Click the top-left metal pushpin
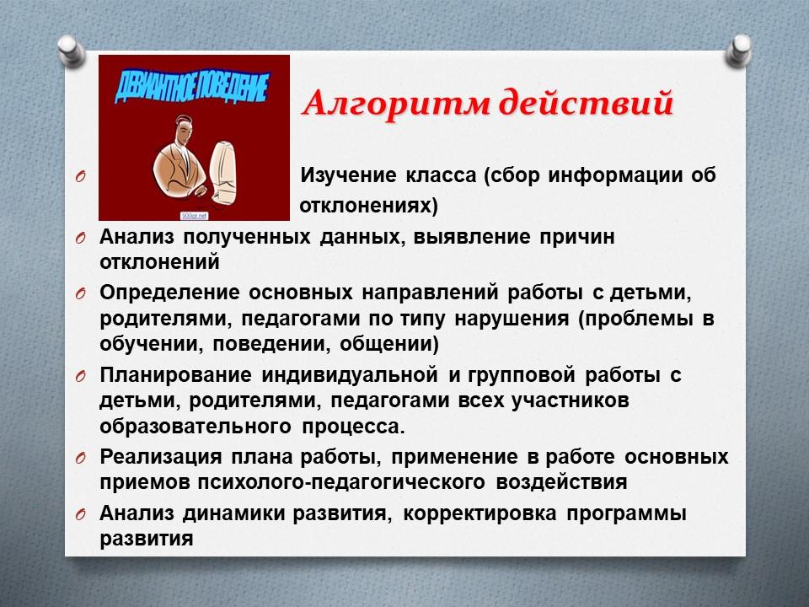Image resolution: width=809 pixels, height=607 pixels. click(71, 51)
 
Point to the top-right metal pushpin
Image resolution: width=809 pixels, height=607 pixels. click(738, 51)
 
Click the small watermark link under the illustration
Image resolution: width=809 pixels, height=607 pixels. click(194, 216)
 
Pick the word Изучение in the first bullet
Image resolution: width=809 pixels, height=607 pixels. click(348, 176)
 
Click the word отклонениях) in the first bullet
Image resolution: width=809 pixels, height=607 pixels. click(368, 206)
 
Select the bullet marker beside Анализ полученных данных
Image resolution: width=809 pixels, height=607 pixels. click(80, 238)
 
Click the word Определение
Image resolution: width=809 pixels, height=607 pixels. click(169, 293)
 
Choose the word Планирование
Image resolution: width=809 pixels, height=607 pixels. click(175, 374)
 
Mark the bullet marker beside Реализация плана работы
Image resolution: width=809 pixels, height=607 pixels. click(80, 459)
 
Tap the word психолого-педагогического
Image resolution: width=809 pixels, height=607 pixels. click(341, 482)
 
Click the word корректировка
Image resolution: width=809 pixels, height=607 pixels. click(480, 513)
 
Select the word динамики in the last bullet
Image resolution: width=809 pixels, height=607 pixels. click(233, 513)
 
